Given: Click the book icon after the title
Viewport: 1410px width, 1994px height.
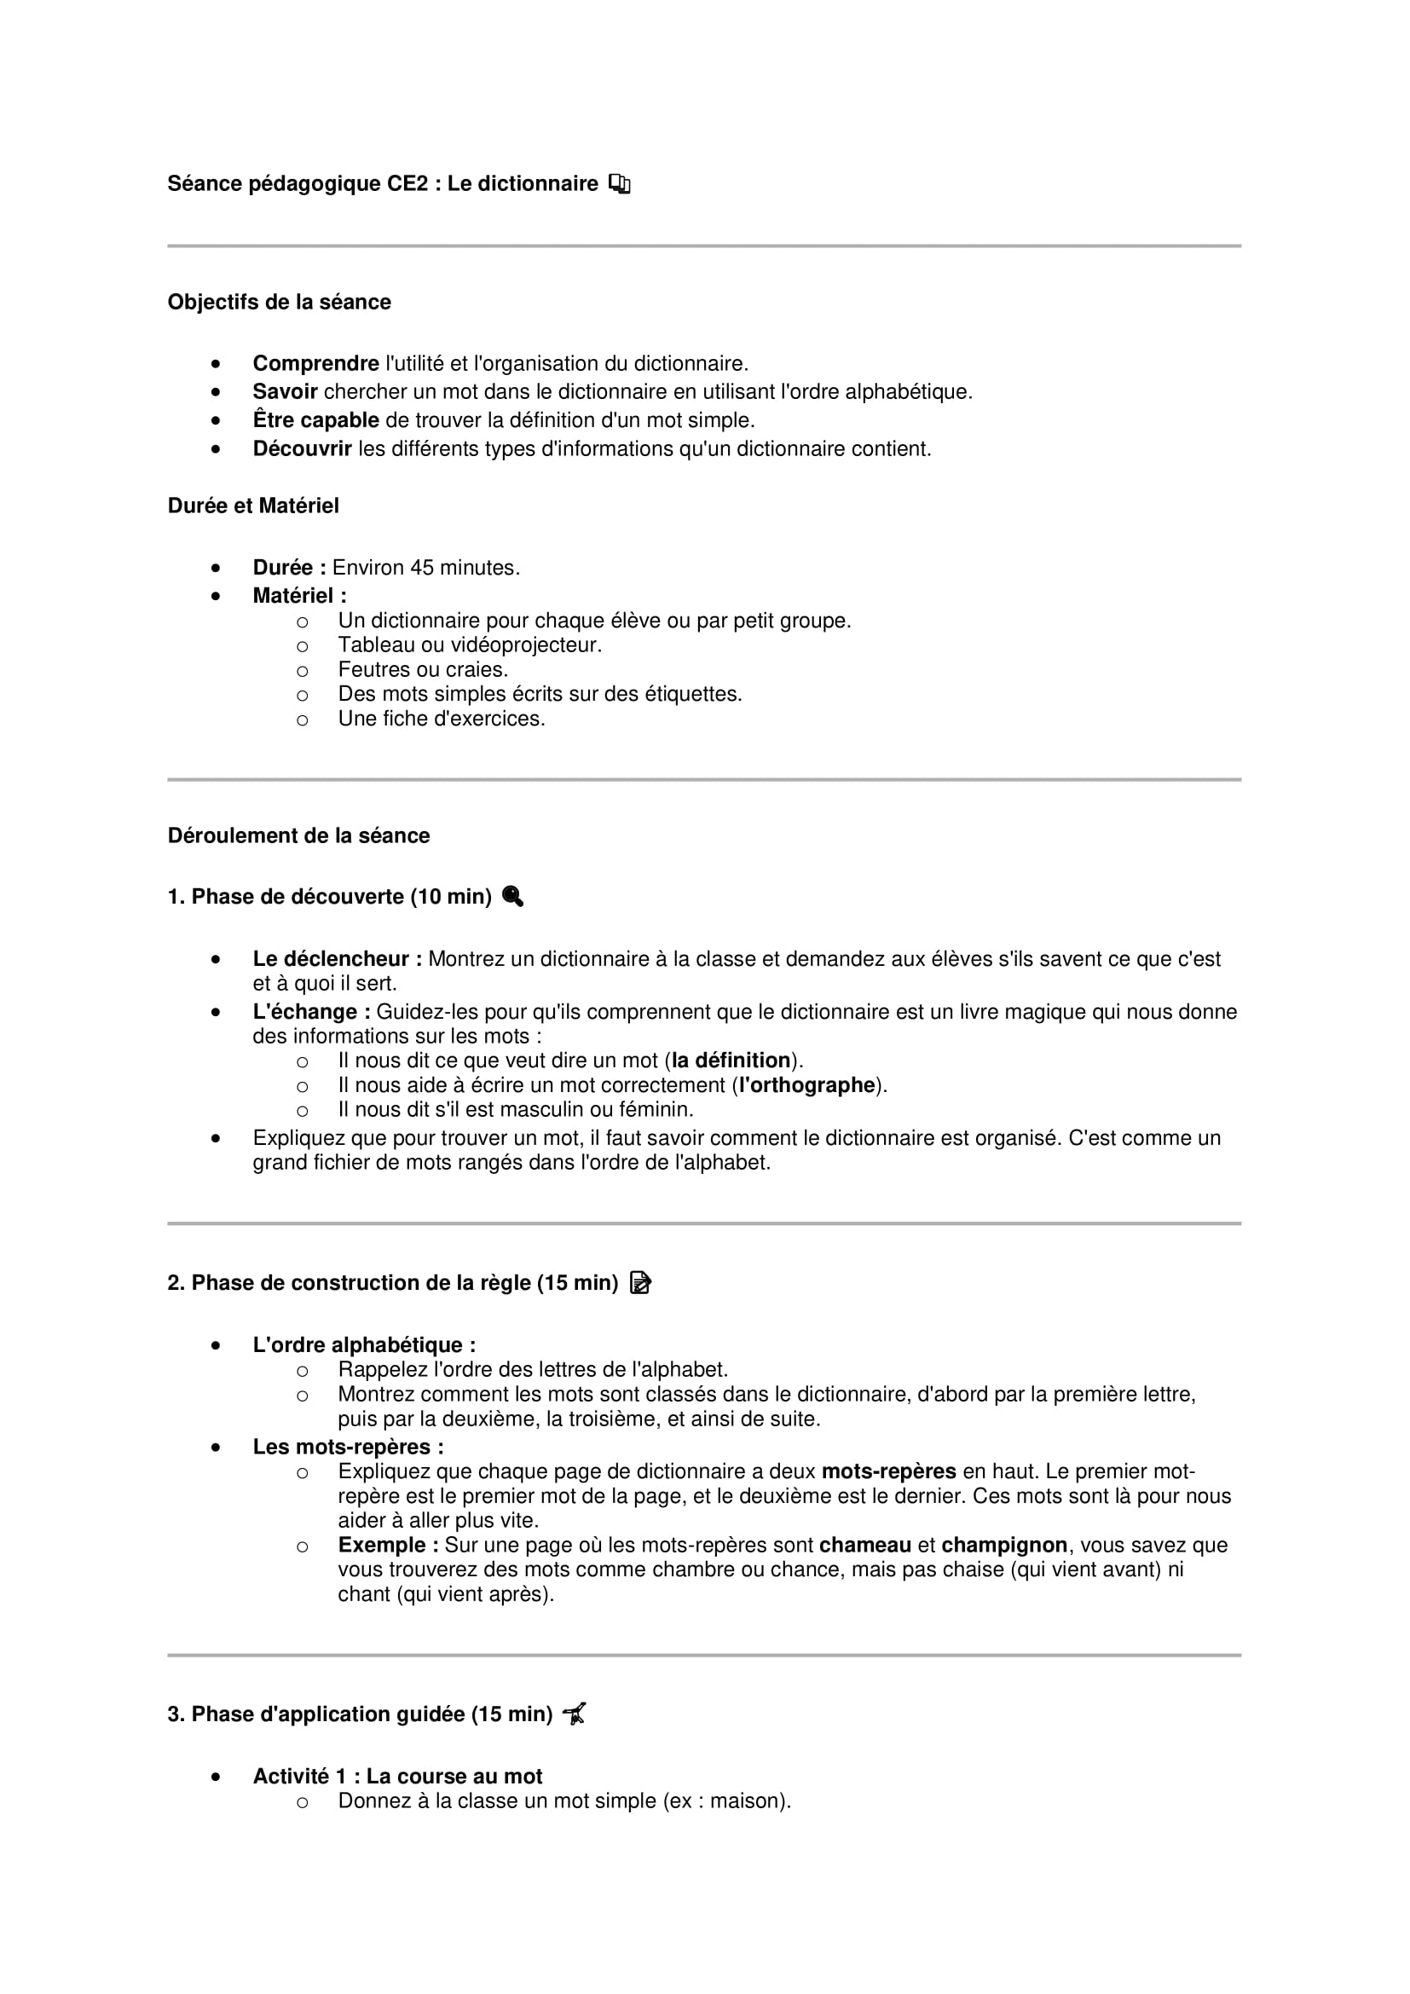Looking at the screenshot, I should coord(619,184).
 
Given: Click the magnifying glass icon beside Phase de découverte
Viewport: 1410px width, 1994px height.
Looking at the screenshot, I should coord(512,896).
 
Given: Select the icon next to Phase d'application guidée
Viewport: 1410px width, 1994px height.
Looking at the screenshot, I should coord(574,1714).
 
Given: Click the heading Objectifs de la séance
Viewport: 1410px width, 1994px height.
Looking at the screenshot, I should coord(279,303).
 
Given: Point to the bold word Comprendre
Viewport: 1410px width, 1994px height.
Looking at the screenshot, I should coord(315,364).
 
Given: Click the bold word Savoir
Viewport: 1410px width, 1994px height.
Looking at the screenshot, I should coord(285,391).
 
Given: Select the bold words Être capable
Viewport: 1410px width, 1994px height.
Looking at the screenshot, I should coord(315,420).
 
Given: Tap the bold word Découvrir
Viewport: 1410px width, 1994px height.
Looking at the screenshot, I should coord(302,449).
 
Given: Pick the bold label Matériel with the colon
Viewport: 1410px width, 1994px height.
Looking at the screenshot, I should coord(298,596).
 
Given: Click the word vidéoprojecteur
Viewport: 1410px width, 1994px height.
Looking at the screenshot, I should coord(527,645).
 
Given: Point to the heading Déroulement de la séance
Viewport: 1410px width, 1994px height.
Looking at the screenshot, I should coord(298,835).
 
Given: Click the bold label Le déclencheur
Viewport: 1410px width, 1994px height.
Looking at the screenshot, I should coord(337,959).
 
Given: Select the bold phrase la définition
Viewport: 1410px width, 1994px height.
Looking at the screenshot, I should coord(731,1061).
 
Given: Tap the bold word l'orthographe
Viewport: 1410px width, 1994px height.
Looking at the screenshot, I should coord(806,1085).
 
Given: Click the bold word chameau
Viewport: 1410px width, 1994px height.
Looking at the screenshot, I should coord(864,1545).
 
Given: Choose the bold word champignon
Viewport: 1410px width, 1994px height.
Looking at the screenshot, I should coord(1003,1545).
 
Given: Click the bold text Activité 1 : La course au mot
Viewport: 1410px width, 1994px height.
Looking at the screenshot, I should coord(397,1776).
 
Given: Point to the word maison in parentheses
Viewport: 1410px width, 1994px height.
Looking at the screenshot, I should coord(747,1801).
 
